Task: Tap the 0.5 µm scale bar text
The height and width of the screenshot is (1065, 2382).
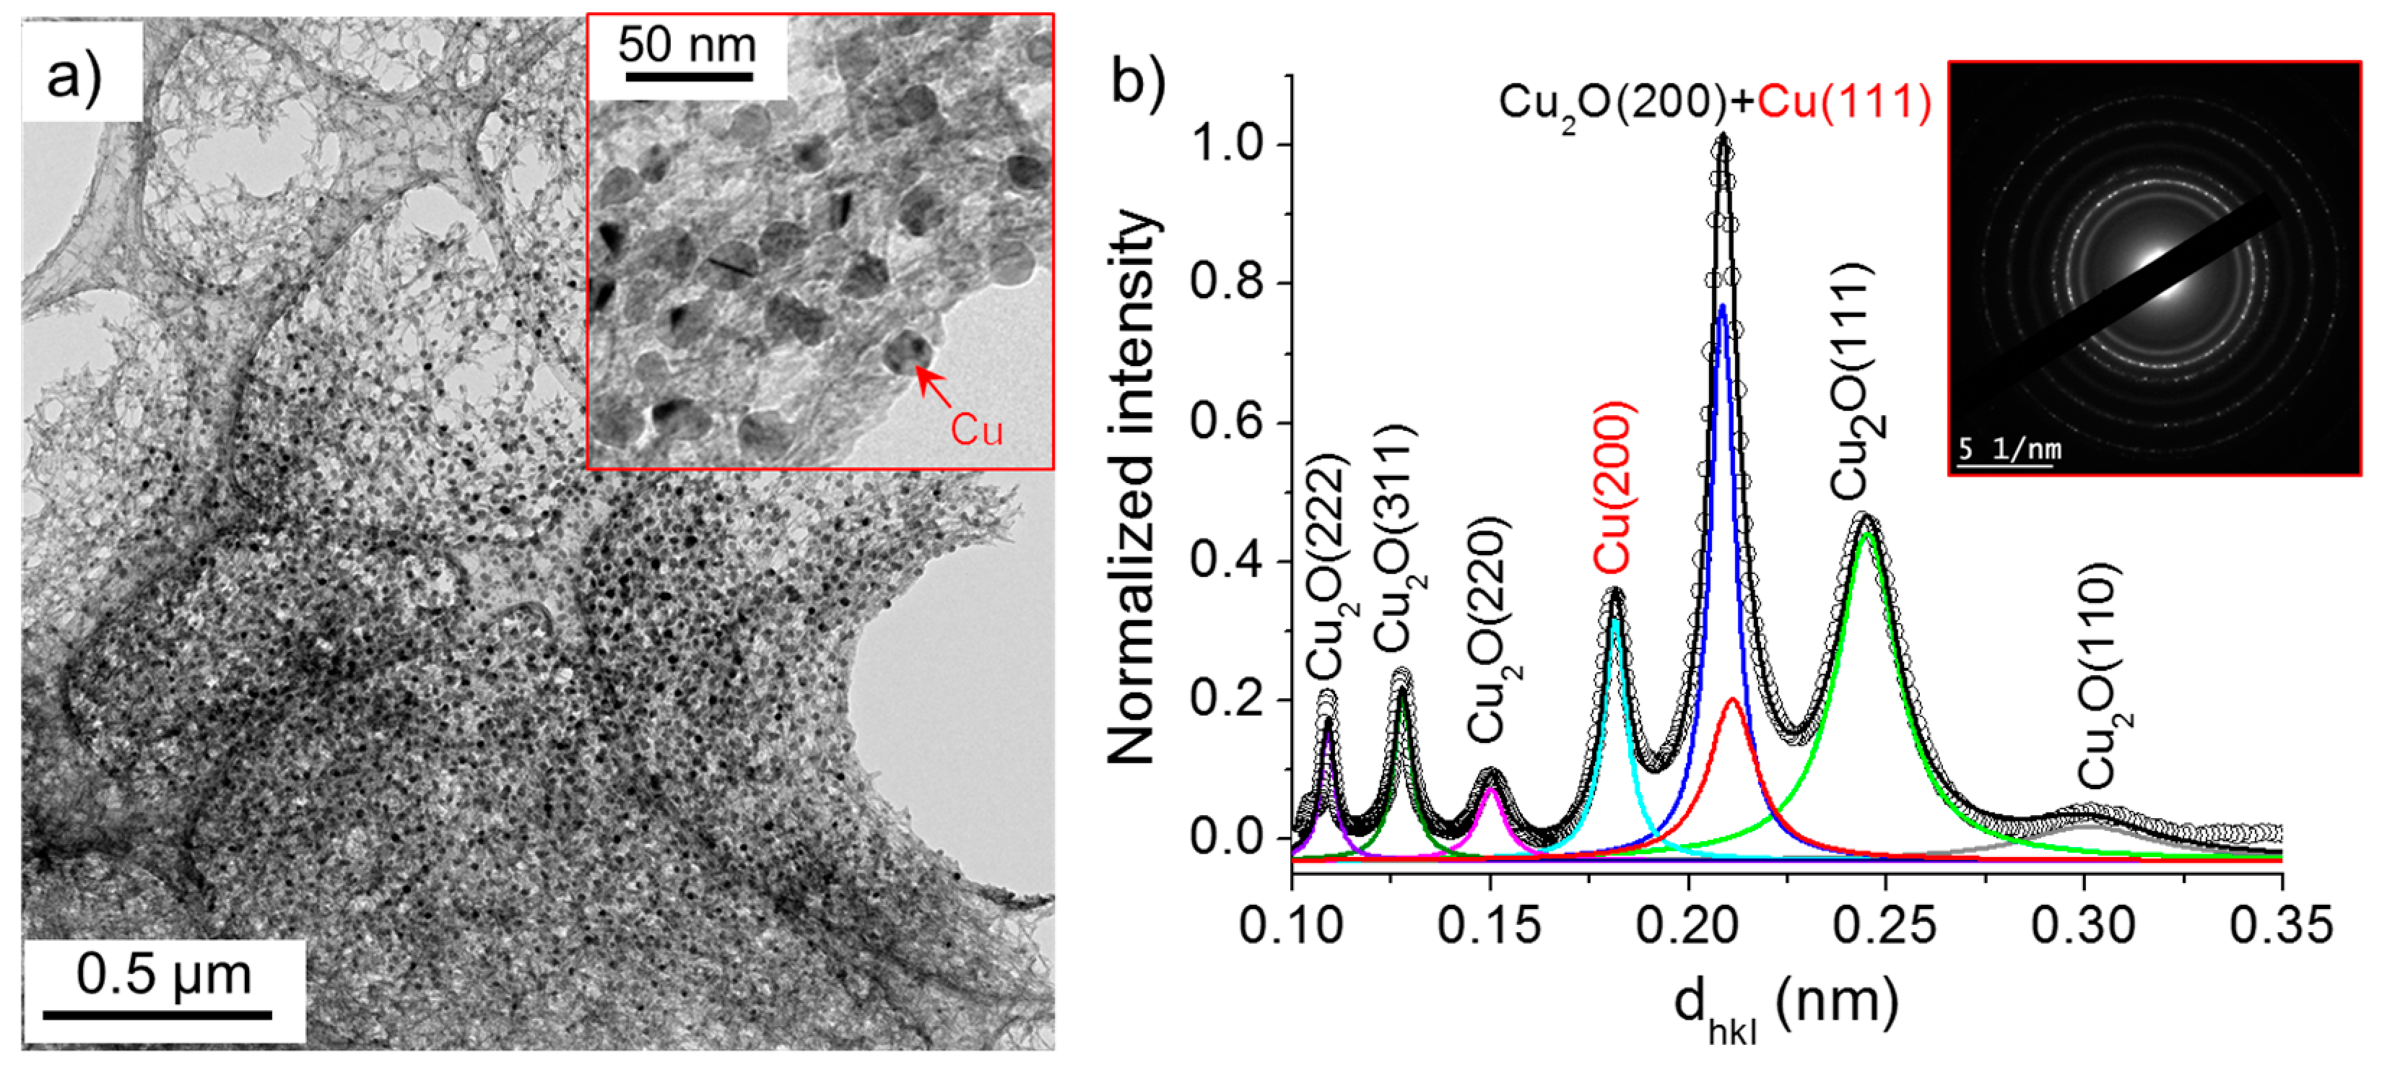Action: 164,975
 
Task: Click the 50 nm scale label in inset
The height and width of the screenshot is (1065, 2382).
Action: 687,44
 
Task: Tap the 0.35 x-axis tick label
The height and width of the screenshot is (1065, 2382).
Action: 2280,924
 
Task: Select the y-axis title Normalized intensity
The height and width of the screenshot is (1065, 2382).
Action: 1133,487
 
